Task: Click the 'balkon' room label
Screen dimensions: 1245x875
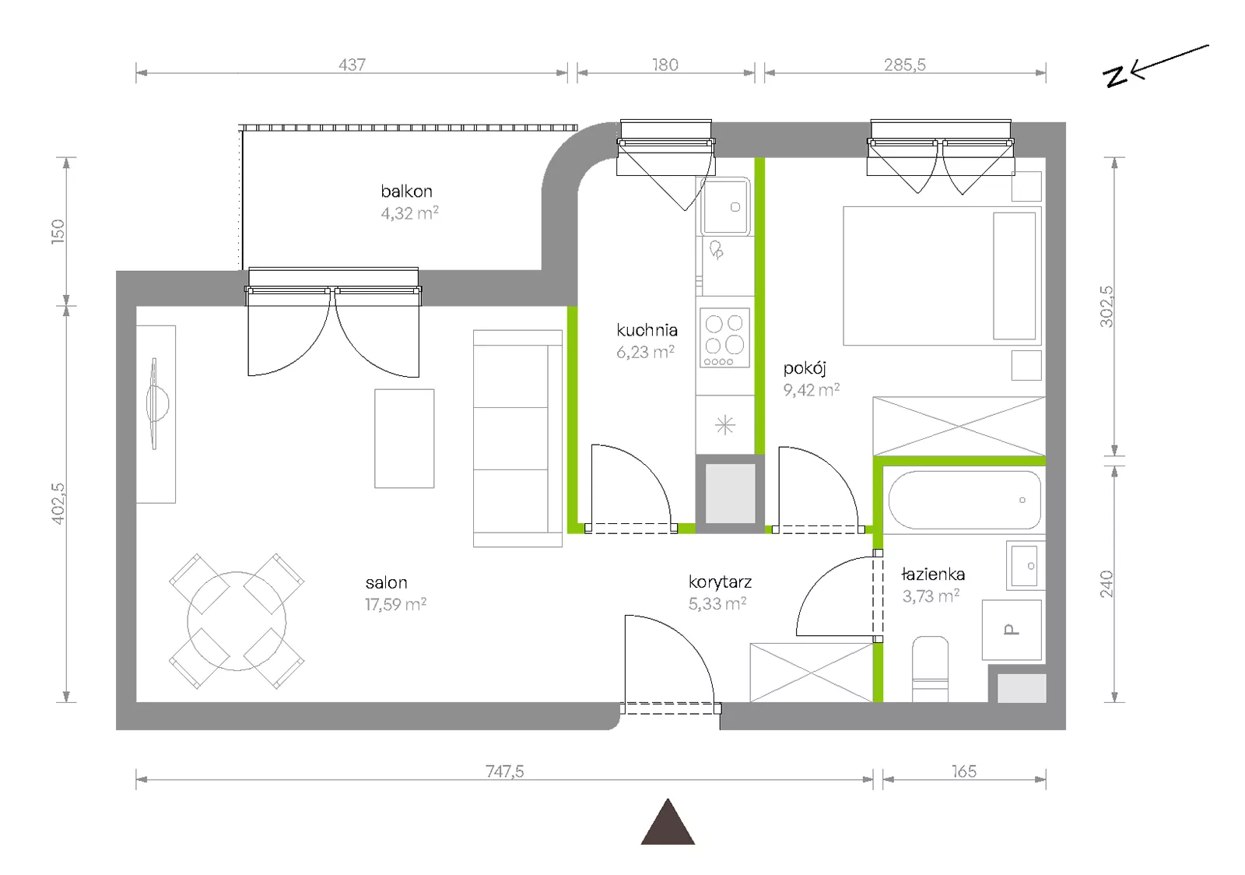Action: pos(406,192)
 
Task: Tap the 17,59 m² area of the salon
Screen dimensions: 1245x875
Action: pos(396,604)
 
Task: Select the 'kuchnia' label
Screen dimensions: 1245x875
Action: pos(647,330)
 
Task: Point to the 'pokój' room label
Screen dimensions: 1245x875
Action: pos(805,368)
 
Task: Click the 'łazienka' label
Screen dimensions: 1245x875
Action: pos(933,575)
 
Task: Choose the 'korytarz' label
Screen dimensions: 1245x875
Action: pos(720,582)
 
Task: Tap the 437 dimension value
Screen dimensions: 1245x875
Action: pos(352,65)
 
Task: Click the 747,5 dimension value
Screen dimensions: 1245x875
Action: pos(505,771)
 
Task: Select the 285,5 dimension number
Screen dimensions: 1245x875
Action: pos(905,65)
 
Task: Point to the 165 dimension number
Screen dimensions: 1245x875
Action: pos(964,771)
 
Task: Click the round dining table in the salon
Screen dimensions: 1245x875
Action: pos(237,621)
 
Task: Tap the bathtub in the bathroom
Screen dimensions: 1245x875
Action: pos(964,500)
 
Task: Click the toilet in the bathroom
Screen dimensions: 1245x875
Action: pos(931,669)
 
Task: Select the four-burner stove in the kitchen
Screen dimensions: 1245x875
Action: pos(724,338)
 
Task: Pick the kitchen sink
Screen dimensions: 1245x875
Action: pos(724,206)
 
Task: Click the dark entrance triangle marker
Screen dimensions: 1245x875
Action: pos(668,822)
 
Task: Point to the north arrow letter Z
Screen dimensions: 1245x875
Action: pos(1115,77)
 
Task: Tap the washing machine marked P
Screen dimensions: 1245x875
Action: pos(1012,630)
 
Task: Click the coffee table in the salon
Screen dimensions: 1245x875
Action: pos(404,438)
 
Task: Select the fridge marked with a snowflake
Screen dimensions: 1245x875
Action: pos(724,425)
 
